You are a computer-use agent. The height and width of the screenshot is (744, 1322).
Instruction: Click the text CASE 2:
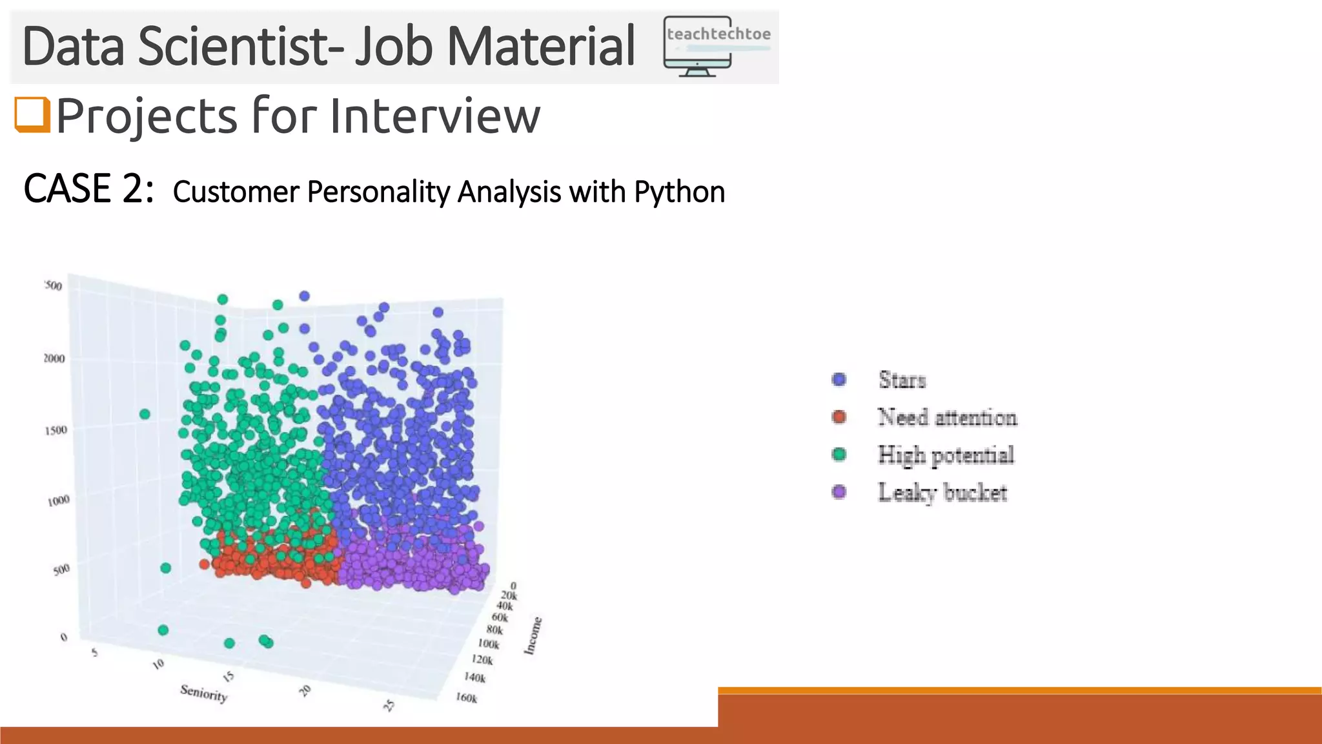click(88, 189)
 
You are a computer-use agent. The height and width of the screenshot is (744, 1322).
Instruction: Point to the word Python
click(679, 192)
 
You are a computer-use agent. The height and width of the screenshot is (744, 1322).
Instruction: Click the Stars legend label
click(902, 380)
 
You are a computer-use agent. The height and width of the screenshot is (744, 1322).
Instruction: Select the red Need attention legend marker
click(839, 417)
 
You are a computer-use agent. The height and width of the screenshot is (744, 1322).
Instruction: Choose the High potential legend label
click(946, 455)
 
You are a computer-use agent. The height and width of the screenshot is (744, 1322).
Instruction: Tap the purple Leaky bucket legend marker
click(839, 493)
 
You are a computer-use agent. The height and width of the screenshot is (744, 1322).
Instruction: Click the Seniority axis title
click(204, 693)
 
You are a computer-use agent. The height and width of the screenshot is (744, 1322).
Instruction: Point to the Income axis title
click(533, 635)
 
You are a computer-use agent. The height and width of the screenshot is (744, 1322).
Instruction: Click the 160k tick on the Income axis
click(466, 698)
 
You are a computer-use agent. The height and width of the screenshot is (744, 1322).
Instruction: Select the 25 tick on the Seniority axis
click(389, 705)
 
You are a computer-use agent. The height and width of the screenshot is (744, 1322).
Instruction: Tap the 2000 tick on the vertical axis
click(54, 358)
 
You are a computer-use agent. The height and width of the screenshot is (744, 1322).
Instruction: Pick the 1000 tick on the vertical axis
click(58, 501)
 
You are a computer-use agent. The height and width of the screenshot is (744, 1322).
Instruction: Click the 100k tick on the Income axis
click(489, 644)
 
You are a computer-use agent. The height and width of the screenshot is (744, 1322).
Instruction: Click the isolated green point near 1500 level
click(145, 414)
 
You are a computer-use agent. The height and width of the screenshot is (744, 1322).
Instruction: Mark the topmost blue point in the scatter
click(305, 296)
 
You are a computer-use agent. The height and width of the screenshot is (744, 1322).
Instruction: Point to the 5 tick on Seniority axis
click(95, 652)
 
